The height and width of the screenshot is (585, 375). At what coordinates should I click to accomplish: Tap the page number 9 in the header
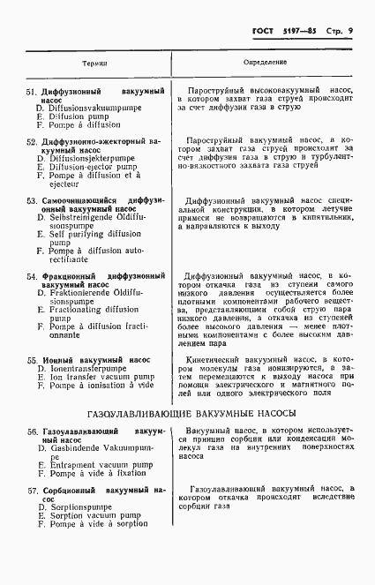(x=350, y=32)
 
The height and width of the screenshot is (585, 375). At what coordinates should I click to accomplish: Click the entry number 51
(x=30, y=92)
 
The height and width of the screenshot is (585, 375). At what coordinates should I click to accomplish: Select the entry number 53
(x=30, y=201)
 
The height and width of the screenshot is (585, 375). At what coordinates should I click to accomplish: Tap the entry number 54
(x=30, y=276)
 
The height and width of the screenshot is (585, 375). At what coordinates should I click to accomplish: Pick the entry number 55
(x=30, y=360)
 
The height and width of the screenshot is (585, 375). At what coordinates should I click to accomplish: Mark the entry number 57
(x=30, y=490)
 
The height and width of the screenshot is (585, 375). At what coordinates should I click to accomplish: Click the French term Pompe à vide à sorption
(x=98, y=524)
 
